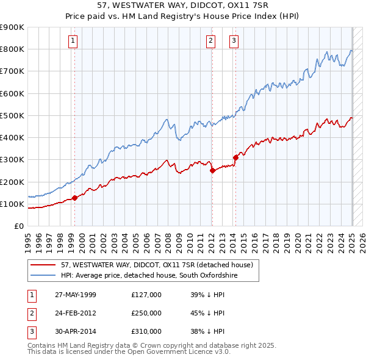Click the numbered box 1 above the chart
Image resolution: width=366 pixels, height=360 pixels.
[x=73, y=41]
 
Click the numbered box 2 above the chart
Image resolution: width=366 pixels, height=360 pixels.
[x=210, y=41]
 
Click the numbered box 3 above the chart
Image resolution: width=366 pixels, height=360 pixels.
[x=234, y=41]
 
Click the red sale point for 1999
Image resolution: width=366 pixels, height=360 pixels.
[x=75, y=198]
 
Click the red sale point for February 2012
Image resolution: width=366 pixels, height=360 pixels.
[x=212, y=171]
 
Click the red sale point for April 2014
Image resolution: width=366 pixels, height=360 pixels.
[x=235, y=157]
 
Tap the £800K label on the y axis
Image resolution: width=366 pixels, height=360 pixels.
[x=12, y=49]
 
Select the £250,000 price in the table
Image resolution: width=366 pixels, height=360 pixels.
[x=146, y=313]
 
